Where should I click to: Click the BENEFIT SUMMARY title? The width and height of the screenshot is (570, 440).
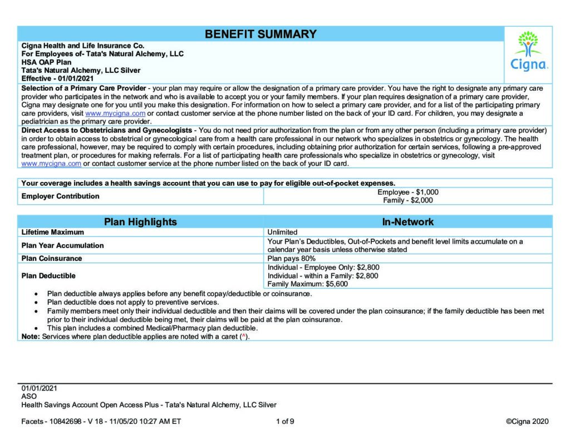click(261, 34)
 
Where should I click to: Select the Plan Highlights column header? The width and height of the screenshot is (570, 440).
click(140, 222)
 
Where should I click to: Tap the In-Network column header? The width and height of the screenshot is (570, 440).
click(407, 222)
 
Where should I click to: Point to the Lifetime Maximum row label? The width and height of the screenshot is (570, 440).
click(53, 232)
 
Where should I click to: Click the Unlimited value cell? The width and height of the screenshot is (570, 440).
click(282, 232)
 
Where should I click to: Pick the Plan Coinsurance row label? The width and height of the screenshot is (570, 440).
click(51, 258)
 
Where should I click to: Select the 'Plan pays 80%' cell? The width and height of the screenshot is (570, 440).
click(292, 258)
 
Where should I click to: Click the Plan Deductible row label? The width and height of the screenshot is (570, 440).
click(48, 275)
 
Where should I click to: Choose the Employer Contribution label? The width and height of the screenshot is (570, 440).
click(60, 196)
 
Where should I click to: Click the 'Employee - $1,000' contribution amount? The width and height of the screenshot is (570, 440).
click(407, 192)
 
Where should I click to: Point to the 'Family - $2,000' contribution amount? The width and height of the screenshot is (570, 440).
click(407, 200)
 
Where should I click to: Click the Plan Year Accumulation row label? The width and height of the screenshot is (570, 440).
click(62, 245)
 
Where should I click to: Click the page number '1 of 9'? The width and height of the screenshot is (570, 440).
click(285, 421)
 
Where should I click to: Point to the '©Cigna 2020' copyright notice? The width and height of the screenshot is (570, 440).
click(527, 421)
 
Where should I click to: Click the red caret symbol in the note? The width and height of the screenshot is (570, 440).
click(243, 337)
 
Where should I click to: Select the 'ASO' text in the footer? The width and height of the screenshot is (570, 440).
click(29, 396)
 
